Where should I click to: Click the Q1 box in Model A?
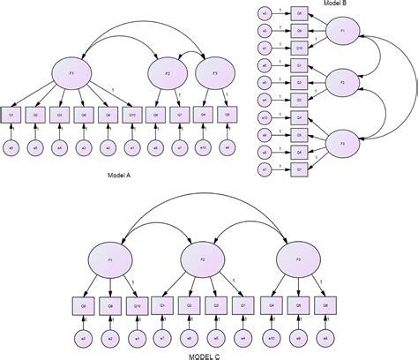tap(13, 113)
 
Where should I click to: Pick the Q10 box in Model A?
tap(131, 113)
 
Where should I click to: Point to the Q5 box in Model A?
tap(228, 113)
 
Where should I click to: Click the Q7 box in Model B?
tap(299, 168)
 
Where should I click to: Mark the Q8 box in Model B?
tap(299, 14)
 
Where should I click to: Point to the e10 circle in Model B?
tap(264, 117)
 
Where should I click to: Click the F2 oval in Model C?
tap(201, 260)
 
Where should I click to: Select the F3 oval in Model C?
tap(293, 260)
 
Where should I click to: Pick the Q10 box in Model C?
tap(137, 306)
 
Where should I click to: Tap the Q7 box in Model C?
tap(243, 306)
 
